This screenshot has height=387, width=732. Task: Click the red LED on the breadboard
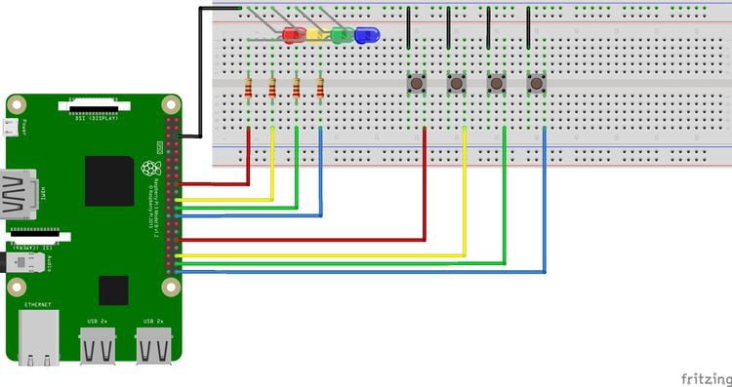(292, 36)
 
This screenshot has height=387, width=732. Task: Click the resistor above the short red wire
(250, 90)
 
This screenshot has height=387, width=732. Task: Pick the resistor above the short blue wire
(320, 90)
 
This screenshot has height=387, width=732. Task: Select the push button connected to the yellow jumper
(457, 84)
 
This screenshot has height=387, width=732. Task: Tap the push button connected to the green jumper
(497, 84)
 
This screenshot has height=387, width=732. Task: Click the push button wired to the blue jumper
(536, 84)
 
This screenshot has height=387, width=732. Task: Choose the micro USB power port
(11, 127)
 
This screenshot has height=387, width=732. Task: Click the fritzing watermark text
(702, 375)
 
